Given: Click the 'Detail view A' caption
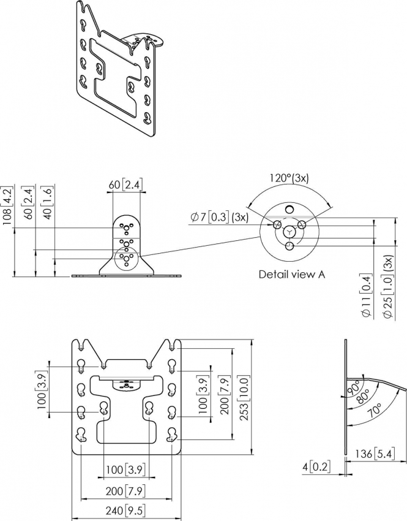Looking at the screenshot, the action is [292, 275].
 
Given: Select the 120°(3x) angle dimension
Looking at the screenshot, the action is [289, 178].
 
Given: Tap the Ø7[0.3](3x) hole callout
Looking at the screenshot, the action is [219, 218].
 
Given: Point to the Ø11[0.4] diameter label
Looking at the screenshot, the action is [367, 295].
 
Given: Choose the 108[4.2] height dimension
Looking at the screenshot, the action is [7, 206].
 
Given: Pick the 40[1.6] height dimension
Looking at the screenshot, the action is [48, 203].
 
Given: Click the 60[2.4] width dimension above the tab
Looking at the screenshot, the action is [125, 184].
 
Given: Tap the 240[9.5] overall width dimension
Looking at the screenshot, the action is [125, 511].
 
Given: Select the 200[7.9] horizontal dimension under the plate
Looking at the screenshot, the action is [125, 491].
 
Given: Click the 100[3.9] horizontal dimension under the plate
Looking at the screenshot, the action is [125, 470].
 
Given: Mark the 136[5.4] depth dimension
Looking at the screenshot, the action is [375, 454].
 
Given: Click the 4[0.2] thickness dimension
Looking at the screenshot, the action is [316, 467].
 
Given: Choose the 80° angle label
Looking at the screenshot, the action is [363, 397].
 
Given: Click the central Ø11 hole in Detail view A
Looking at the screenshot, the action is [290, 232].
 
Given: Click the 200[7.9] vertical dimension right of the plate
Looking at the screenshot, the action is [225, 397].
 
